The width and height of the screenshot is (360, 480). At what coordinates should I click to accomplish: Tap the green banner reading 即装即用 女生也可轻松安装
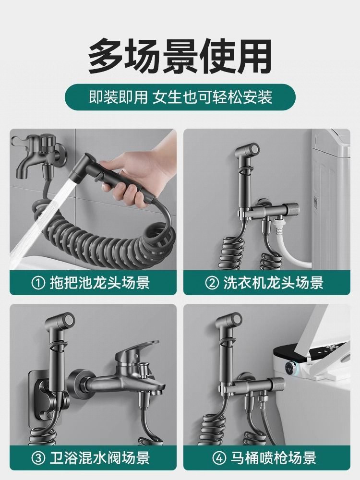pos(180,97)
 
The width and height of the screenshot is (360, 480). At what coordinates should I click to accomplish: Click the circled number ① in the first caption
pos(38,282)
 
